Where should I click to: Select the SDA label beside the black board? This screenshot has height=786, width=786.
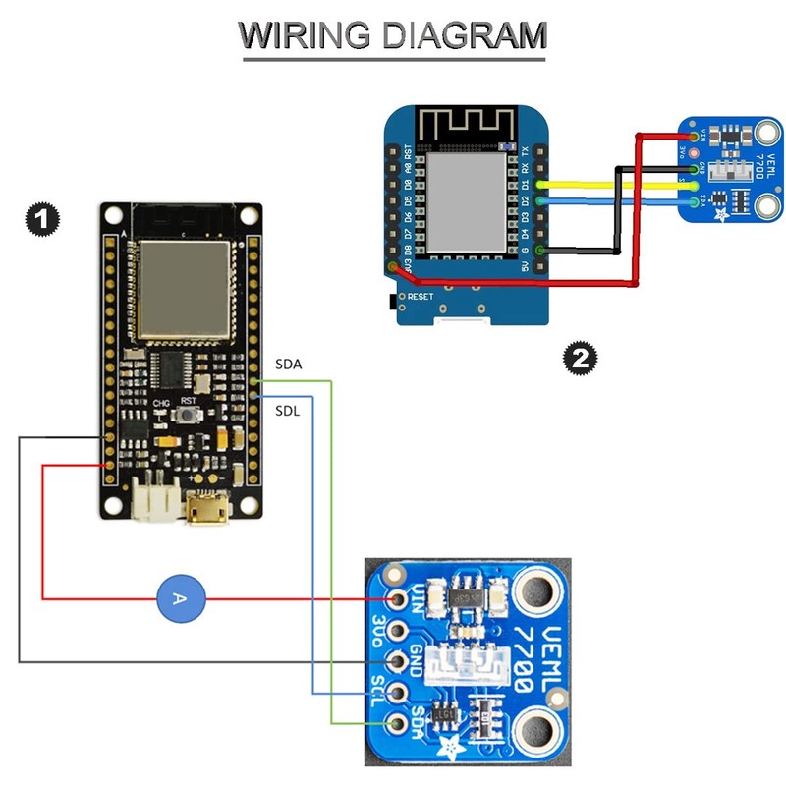point(288,365)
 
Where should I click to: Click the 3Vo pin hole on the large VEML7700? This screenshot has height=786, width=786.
point(398,630)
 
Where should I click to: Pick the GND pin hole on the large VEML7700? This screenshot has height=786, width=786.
point(398,660)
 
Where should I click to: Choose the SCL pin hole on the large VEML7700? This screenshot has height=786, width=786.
point(398,692)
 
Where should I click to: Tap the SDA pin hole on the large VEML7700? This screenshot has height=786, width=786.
point(398,724)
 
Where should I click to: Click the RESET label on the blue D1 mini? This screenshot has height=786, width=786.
point(420,296)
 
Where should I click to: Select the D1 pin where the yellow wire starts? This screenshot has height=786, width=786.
point(538,184)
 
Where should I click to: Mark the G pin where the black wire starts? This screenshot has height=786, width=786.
point(538,250)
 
